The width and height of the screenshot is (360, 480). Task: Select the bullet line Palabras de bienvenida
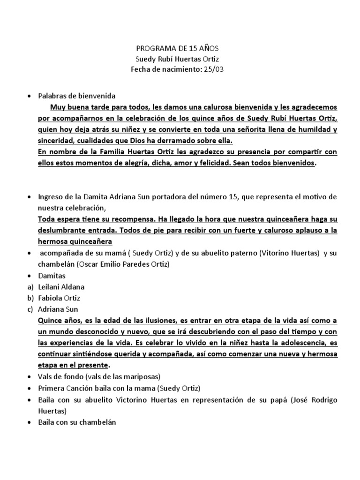click(x=77, y=96)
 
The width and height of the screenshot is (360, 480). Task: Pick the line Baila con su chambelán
click(x=77, y=422)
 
